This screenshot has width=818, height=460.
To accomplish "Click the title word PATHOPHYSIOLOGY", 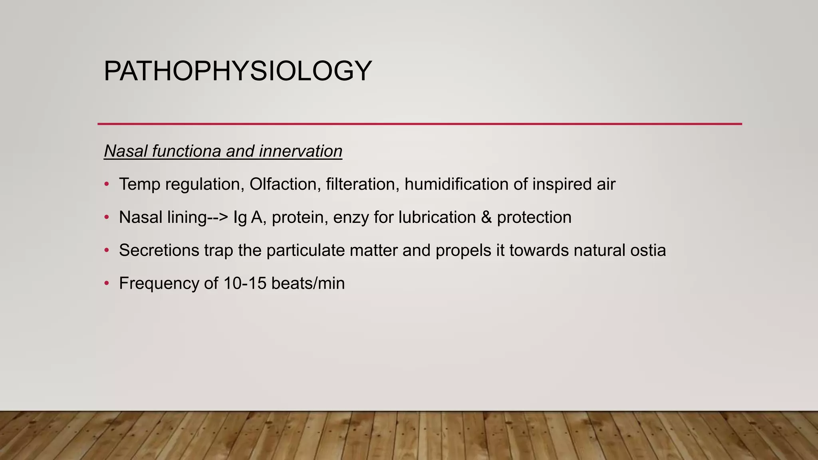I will pyautogui.click(x=238, y=71).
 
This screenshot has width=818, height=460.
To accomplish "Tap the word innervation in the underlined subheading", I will pyautogui.click(x=300, y=151).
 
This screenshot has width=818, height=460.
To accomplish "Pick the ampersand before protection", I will pyautogui.click(x=486, y=217).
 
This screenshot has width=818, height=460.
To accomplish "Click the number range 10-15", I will pyautogui.click(x=244, y=283).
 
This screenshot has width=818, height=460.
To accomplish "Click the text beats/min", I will pyautogui.click(x=308, y=283).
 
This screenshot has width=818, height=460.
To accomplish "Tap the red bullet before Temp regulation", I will pyautogui.click(x=106, y=184).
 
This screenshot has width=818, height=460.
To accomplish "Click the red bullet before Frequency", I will pyautogui.click(x=106, y=284).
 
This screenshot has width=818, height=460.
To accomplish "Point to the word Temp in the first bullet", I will pyautogui.click(x=139, y=184).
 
